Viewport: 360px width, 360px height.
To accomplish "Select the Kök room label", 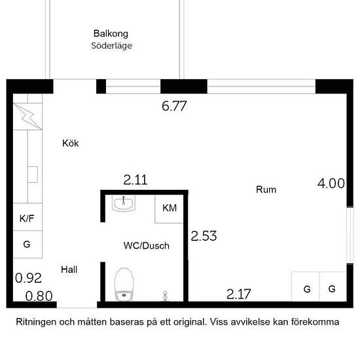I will pos(70,143).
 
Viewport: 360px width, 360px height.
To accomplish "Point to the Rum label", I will pos(266,190).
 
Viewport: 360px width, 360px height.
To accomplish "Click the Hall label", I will pos(69,269).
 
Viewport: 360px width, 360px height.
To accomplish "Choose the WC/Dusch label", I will pos(146,246).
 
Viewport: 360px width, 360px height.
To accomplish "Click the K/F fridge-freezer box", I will pos(27,219).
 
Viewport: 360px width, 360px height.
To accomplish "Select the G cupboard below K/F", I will pos(27,244).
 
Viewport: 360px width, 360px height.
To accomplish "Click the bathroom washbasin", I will pos(123,205).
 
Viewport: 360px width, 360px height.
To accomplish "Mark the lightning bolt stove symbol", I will pos(29,116).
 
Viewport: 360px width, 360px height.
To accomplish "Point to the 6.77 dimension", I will pos(175,106).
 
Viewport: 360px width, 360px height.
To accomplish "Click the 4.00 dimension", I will pos(331,183).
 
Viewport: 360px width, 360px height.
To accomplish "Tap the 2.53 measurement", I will pos(204,236).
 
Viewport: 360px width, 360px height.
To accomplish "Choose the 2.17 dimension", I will pos(238,294).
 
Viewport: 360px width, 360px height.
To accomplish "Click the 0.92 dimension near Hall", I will pos(28,278).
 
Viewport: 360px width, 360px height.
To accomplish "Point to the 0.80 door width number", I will pos(39,296).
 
